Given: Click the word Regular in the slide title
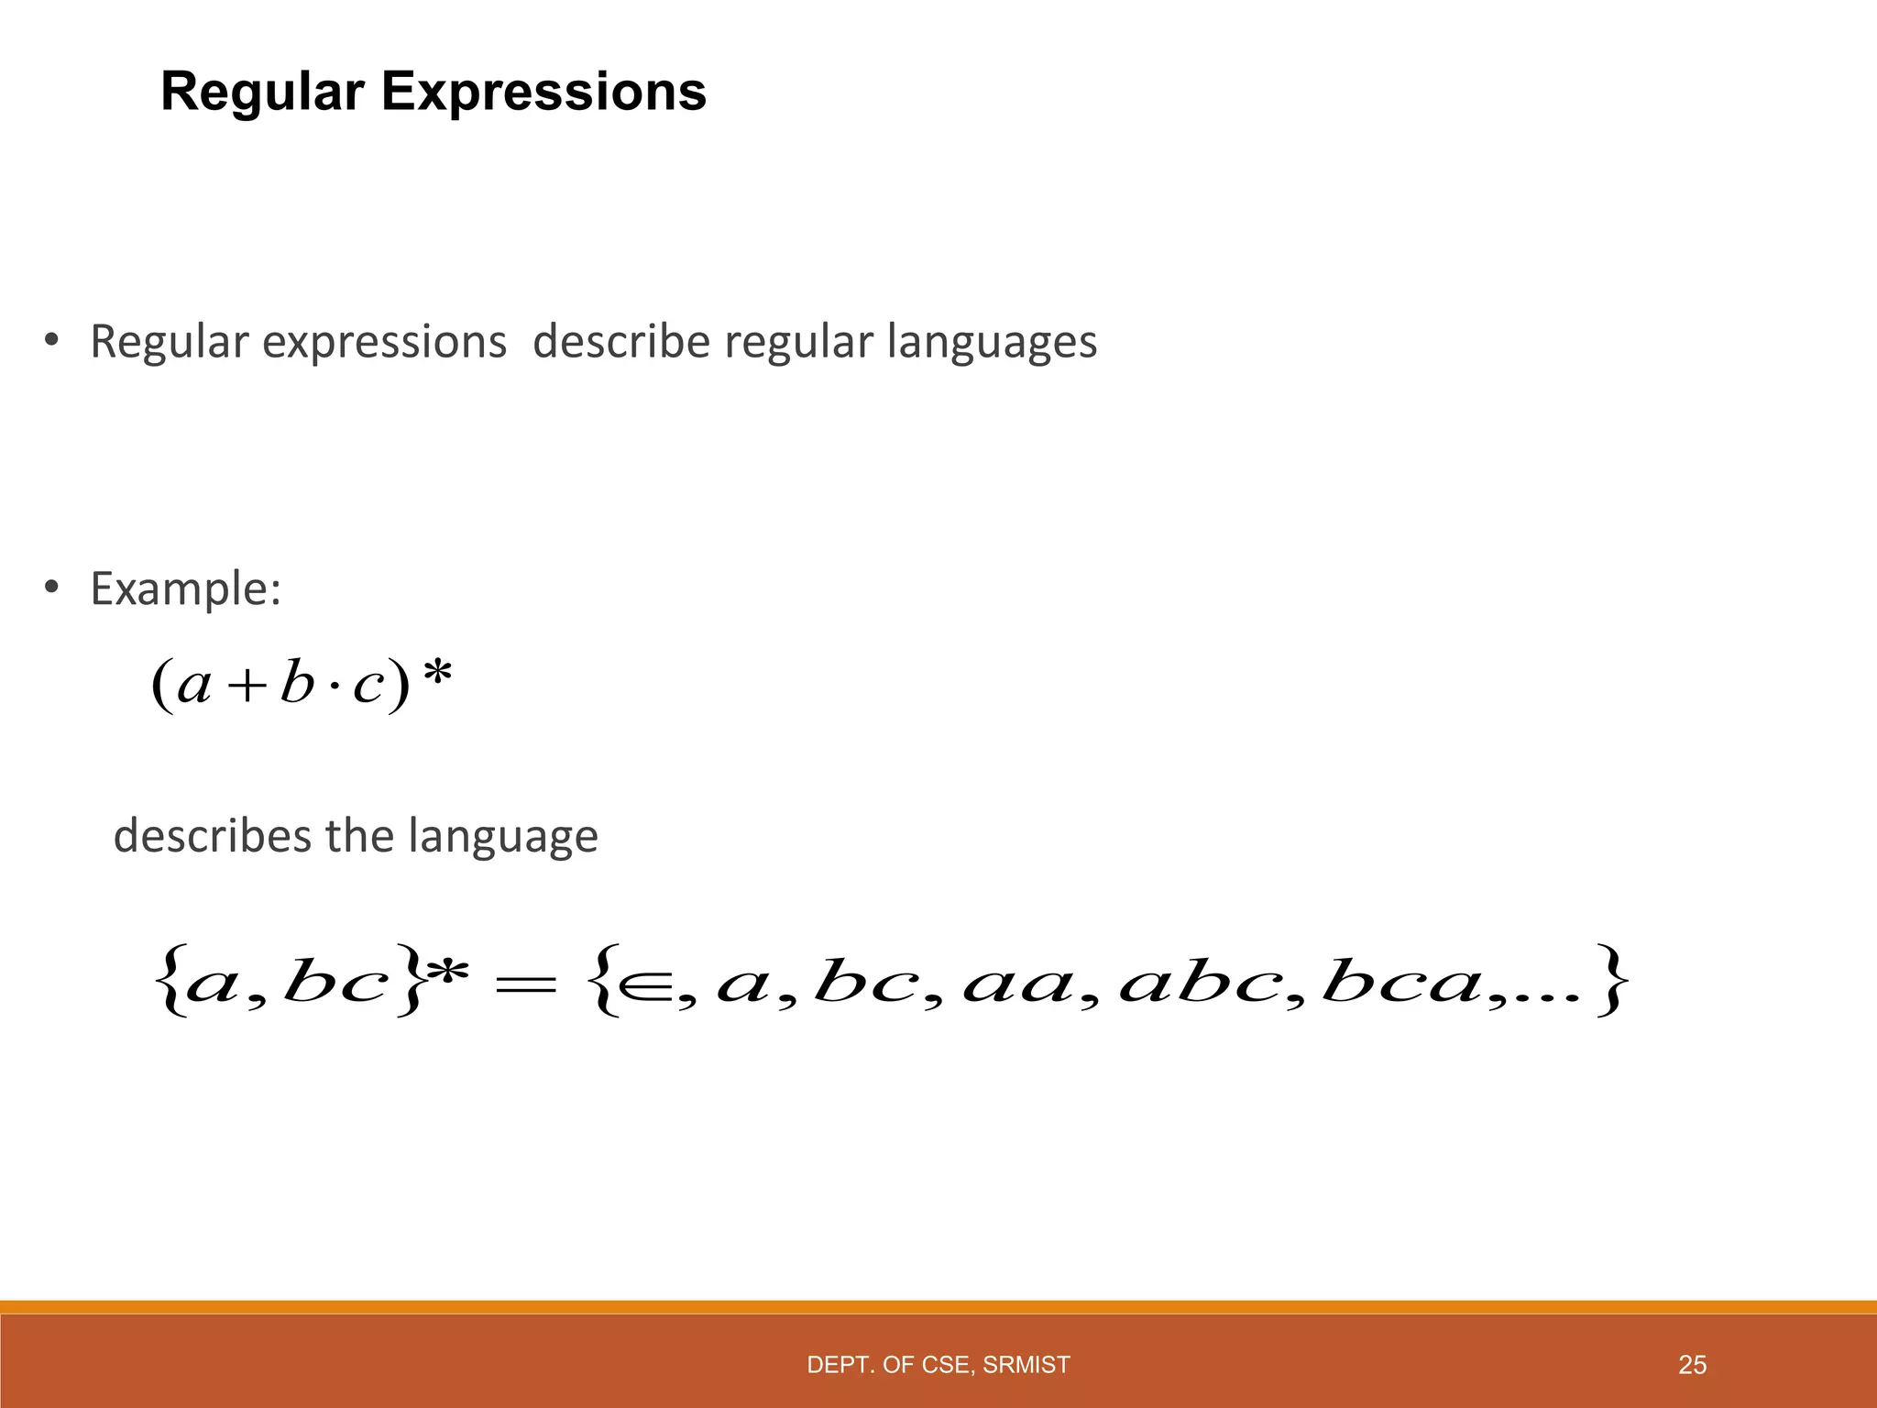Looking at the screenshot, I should (x=262, y=93).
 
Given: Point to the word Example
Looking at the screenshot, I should (x=185, y=588).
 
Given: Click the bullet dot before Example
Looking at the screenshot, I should (x=52, y=587).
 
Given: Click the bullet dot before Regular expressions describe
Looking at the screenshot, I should (x=52, y=340).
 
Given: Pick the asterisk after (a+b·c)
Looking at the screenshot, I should (x=438, y=676).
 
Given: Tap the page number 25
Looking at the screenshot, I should (x=1692, y=1365).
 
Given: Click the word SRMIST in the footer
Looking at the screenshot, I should (x=1026, y=1365).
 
